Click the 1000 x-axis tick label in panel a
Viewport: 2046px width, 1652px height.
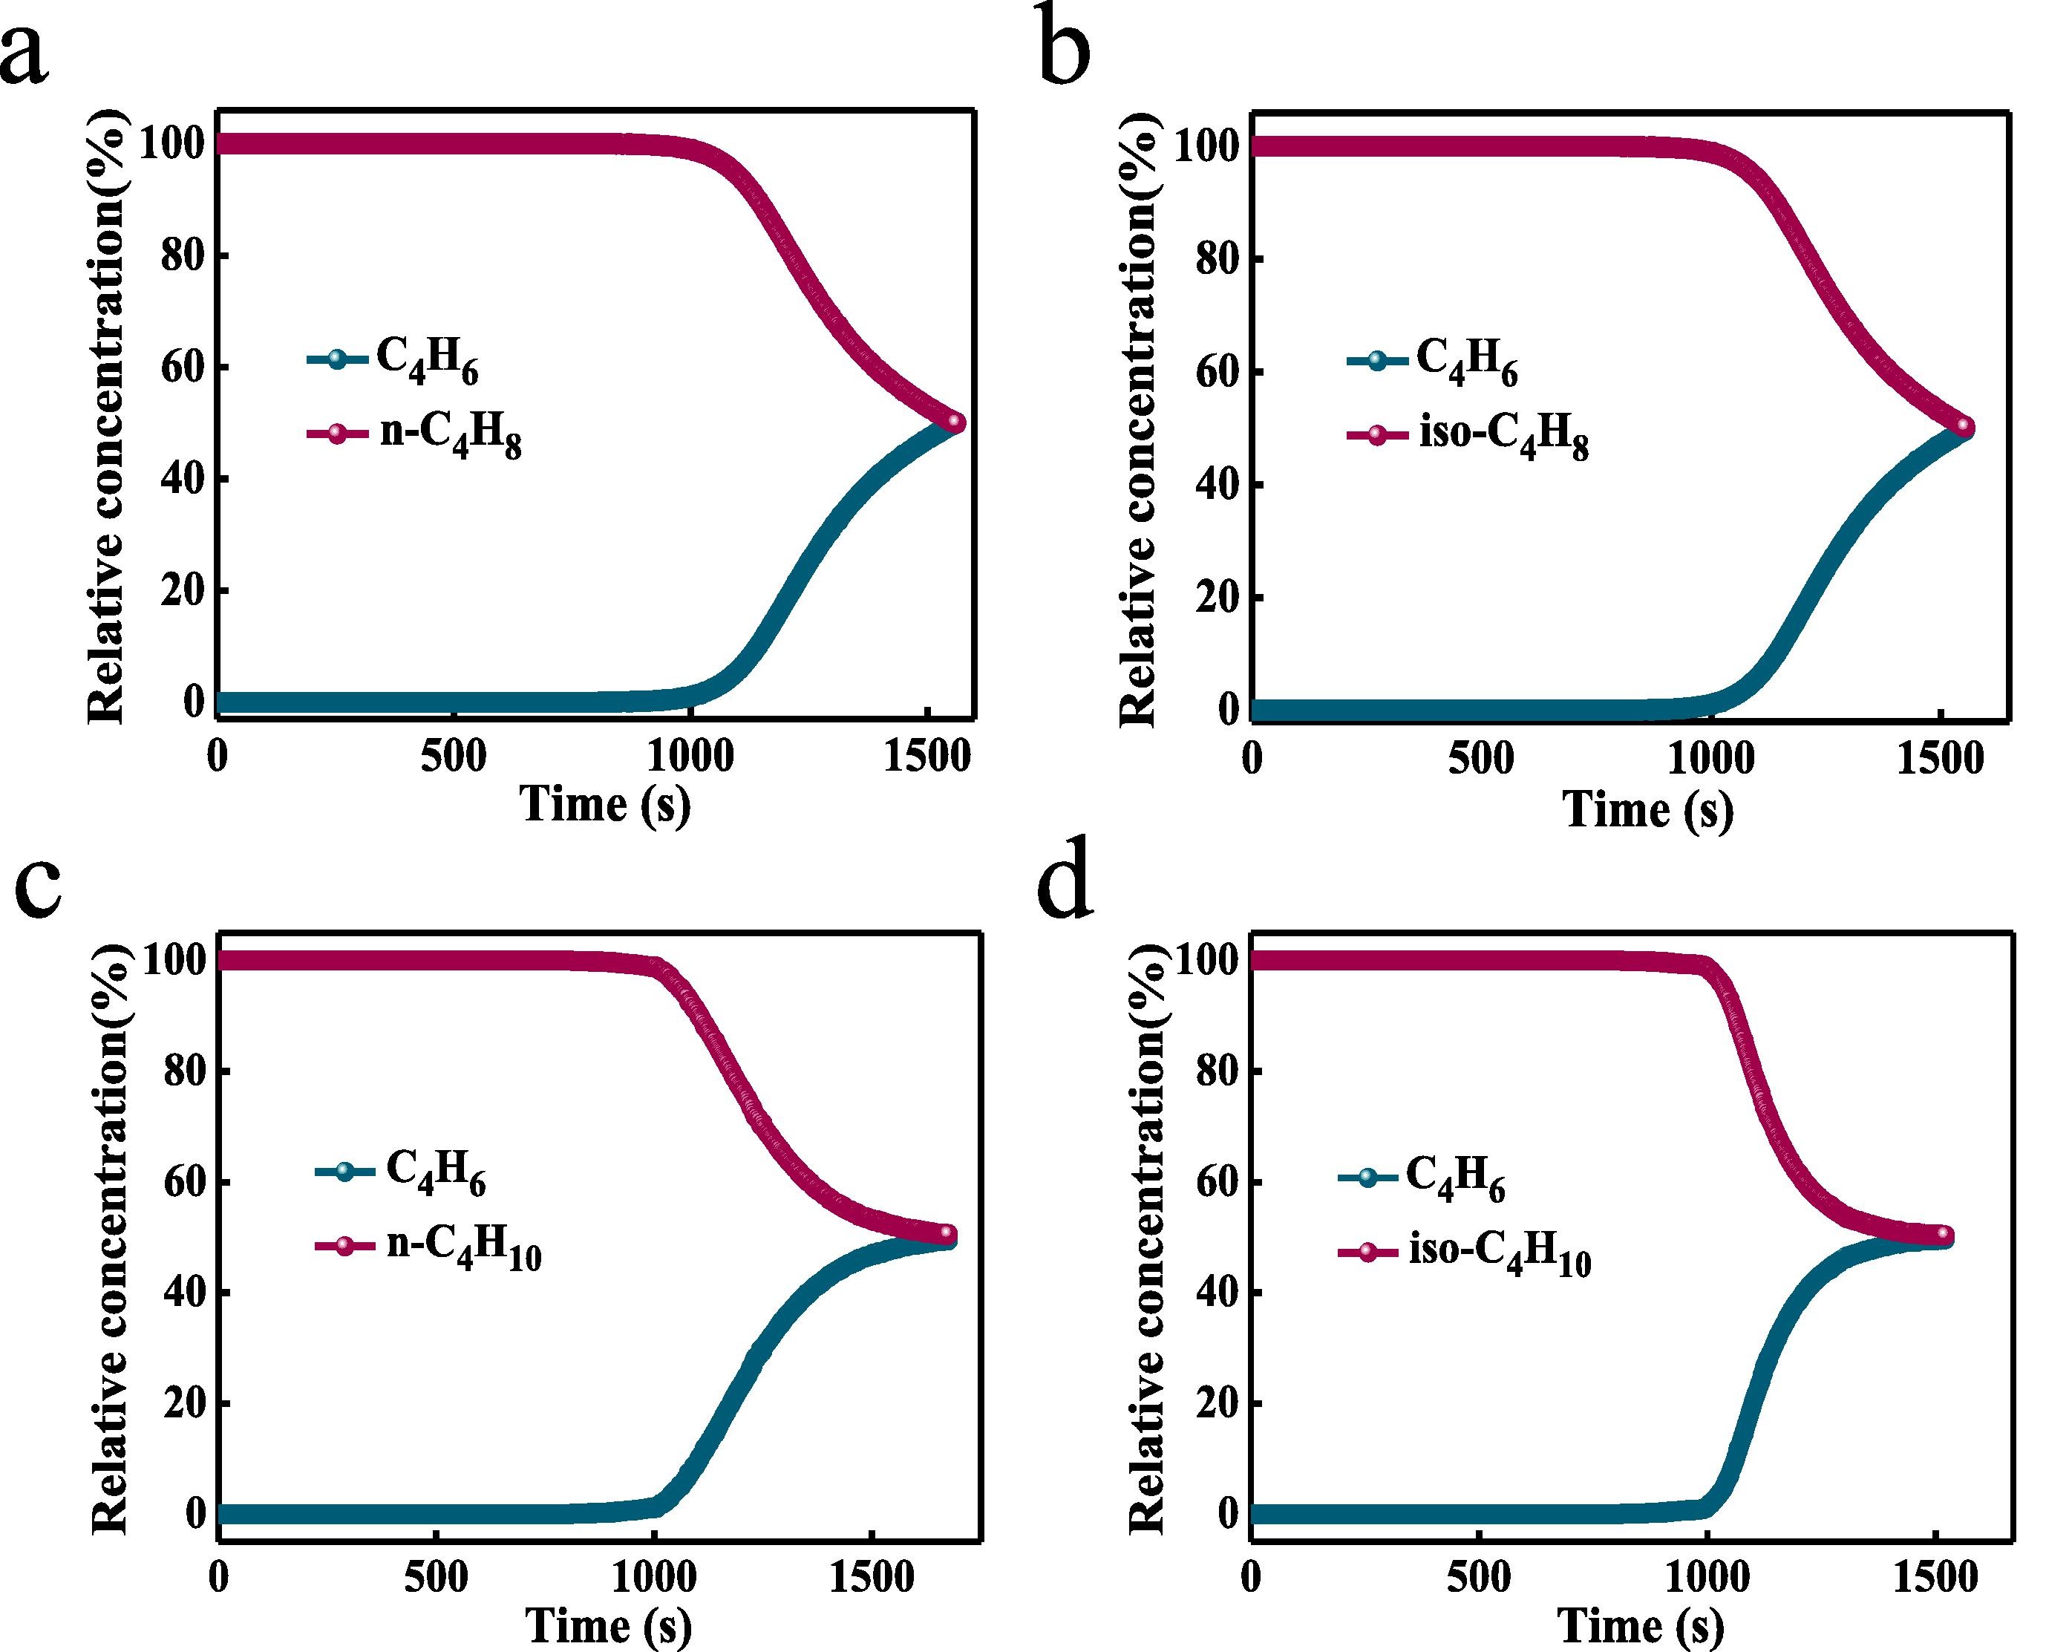[x=692, y=757]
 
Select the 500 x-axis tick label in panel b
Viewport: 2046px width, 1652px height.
[x=1481, y=760]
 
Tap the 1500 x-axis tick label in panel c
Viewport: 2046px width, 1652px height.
[x=872, y=1578]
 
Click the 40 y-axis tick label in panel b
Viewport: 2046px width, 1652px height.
[x=1216, y=484]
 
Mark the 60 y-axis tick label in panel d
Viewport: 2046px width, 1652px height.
[x=1216, y=1182]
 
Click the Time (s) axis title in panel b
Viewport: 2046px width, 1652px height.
[x=1647, y=811]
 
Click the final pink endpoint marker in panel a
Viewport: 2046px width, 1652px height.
[x=955, y=422]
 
